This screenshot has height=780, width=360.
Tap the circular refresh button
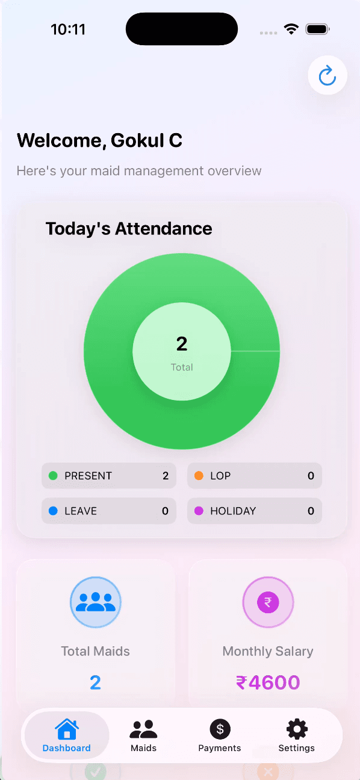(327, 75)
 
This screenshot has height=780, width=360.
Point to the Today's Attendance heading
(129, 229)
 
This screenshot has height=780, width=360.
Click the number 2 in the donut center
(182, 344)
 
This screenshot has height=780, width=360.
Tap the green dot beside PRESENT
(53, 476)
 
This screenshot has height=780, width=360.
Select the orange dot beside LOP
(199, 476)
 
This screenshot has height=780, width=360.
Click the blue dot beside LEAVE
(53, 511)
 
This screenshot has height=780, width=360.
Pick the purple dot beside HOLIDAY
(199, 511)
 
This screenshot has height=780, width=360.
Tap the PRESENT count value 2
(166, 476)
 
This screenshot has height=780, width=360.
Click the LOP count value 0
(311, 476)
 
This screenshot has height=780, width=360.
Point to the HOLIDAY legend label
(233, 511)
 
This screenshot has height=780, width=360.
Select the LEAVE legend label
(81, 511)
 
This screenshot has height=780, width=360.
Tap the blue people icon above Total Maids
(96, 602)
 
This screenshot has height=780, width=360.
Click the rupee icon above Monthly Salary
(268, 602)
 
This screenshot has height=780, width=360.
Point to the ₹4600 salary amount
(268, 682)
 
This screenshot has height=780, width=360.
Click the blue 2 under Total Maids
(95, 682)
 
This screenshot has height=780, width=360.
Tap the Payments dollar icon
(220, 729)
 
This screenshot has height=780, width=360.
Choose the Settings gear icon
(297, 729)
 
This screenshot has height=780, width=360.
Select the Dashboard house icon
(67, 729)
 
